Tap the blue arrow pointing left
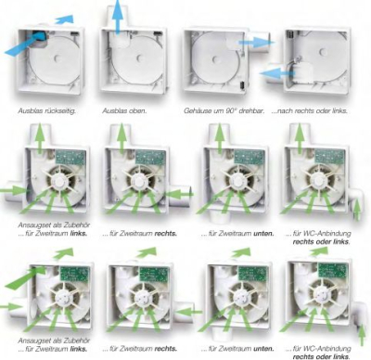[278, 71]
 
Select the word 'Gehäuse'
[198, 110]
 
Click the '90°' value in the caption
[228, 110]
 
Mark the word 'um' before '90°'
[216, 110]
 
